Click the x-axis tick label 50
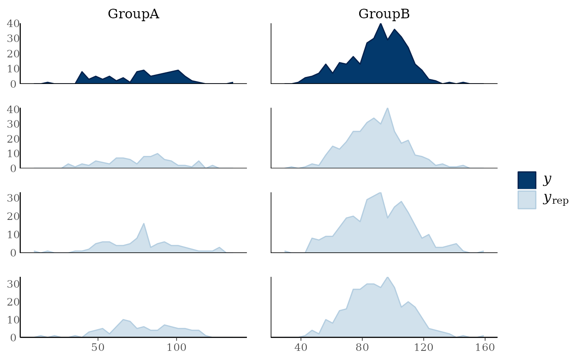tap(98, 347)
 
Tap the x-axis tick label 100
tap(176, 347)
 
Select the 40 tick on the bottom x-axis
tap(301, 347)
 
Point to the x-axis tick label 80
tap(362, 347)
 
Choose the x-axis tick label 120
tap(424, 347)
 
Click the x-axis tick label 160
tap(485, 347)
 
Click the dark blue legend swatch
tap(527, 180)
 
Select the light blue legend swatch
tap(527, 200)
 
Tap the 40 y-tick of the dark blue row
tap(13, 23)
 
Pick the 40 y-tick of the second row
tap(13, 109)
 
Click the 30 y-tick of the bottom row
tap(13, 284)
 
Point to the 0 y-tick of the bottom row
tap(13, 338)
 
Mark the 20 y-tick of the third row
tap(13, 216)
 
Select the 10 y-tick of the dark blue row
tap(13, 69)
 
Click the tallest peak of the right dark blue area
tap(381, 24)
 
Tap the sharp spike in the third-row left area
tap(144, 224)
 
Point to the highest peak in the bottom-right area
tap(388, 277)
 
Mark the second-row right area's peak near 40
tap(388, 108)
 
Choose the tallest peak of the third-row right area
tap(381, 192)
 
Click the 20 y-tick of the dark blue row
tap(13, 54)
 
